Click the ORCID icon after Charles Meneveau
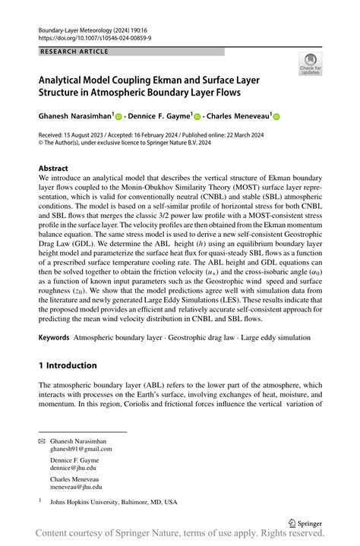point(276,117)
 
